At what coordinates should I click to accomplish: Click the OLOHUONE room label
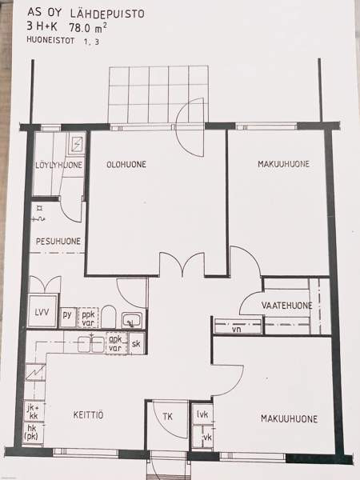tap(126, 164)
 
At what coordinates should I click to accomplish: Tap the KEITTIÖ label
tap(88, 415)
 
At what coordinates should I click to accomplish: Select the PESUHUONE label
tap(58, 242)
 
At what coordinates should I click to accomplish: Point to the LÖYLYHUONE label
tap(58, 165)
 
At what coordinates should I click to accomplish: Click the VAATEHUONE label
tap(287, 306)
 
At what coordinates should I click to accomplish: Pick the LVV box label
tap(42, 313)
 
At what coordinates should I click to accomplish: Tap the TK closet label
tap(167, 417)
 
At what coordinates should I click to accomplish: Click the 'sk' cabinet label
tap(136, 343)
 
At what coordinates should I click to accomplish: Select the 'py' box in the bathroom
tap(67, 315)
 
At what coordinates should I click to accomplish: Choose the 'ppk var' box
tap(88, 318)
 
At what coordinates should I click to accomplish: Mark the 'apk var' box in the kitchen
tap(116, 343)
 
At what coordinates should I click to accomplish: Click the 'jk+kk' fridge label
tap(34, 412)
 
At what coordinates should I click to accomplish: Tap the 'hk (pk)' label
tap(32, 432)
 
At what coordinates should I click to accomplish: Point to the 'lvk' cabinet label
tap(202, 414)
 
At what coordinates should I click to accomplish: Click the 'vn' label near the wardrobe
tap(236, 330)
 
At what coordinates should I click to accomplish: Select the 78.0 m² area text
tap(88, 28)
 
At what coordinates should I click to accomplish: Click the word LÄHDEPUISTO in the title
tap(107, 13)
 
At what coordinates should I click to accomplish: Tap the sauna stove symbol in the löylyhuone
tap(77, 142)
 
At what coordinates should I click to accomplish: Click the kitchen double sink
tap(91, 344)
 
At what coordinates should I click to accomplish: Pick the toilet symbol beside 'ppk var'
tap(108, 317)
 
